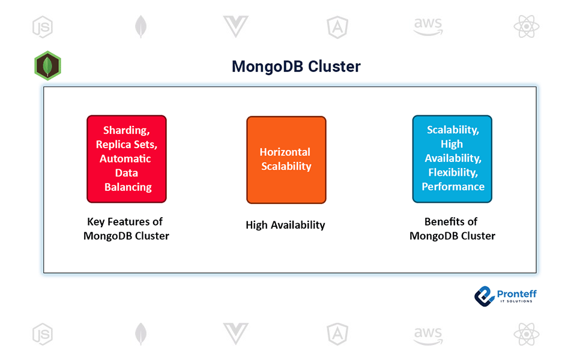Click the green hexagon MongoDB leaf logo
48,65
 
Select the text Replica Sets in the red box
126,145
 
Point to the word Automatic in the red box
125,159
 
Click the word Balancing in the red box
128,187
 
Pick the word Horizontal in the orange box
285,152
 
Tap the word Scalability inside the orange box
286,166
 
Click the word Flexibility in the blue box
452,172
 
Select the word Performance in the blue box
453,187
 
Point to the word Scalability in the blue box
452,130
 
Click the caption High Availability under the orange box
285,225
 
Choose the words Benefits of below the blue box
451,221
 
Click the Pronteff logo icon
484,295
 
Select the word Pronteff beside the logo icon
517,293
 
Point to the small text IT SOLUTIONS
516,301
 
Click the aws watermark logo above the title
427,26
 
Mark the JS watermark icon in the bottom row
43,334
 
